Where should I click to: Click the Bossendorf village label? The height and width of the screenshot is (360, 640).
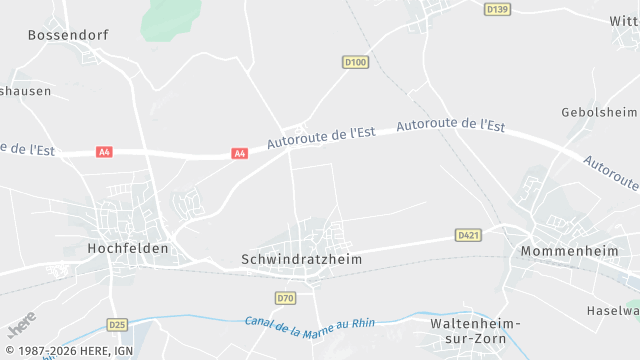pyautogui.click(x=67, y=34)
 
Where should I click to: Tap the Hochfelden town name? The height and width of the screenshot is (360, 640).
pyautogui.click(x=128, y=248)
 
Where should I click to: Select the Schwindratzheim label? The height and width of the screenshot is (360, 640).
pyautogui.click(x=301, y=258)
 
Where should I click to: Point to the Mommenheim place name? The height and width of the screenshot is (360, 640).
pyautogui.click(x=573, y=251)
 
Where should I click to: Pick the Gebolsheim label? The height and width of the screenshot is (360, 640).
pyautogui.click(x=599, y=112)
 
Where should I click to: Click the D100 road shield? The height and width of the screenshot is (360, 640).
pyautogui.click(x=355, y=62)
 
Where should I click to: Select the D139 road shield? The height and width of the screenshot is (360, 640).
pyautogui.click(x=497, y=9)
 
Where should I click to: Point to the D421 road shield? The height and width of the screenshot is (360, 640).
pyautogui.click(x=468, y=235)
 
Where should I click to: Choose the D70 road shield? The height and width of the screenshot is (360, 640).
pyautogui.click(x=286, y=298)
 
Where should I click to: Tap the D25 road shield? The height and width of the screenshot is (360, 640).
pyautogui.click(x=118, y=324)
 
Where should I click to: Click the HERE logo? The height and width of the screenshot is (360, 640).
pyautogui.click(x=21, y=324)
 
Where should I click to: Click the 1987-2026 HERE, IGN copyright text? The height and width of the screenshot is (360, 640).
pyautogui.click(x=69, y=351)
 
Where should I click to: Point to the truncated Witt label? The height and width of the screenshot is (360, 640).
pyautogui.click(x=623, y=21)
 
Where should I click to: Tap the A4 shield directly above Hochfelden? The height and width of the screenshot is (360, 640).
pyautogui.click(x=104, y=152)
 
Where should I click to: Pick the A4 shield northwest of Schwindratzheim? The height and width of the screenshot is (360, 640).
pyautogui.click(x=239, y=153)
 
